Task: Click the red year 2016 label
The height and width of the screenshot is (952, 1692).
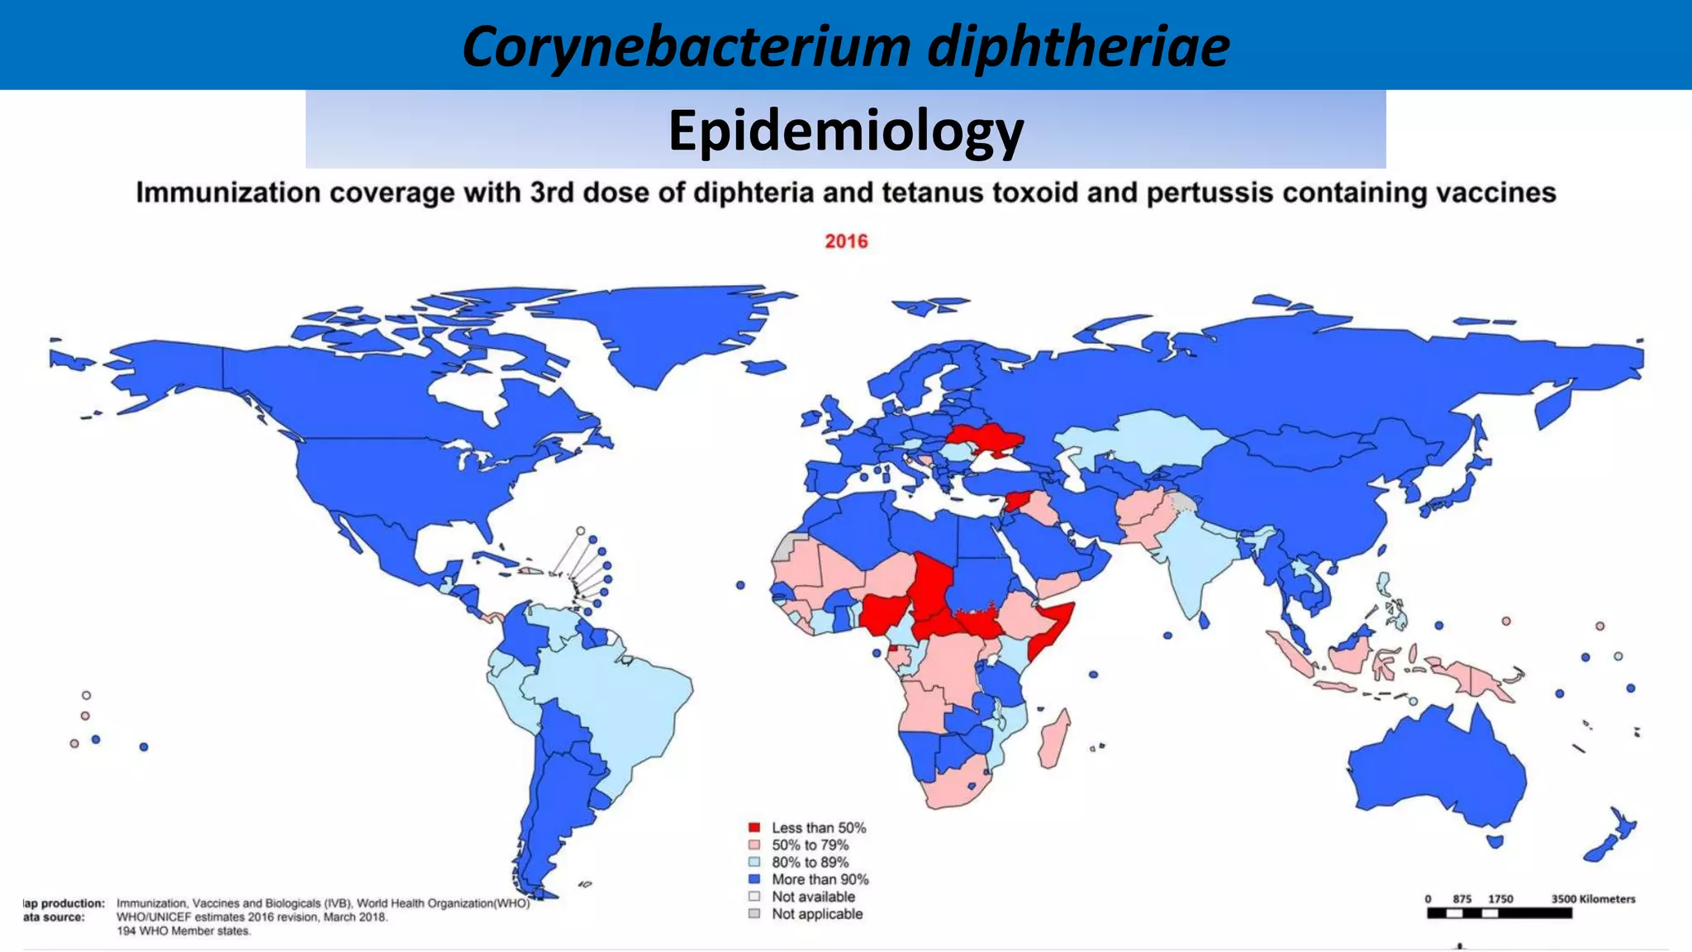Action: point(846,241)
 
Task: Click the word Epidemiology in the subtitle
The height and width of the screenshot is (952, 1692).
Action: point(845,131)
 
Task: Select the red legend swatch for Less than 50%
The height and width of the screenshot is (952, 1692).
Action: point(753,827)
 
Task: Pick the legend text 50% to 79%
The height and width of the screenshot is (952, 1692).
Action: point(810,845)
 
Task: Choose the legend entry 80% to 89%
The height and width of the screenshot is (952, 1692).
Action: point(810,862)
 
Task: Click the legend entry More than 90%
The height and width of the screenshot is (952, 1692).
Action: point(820,879)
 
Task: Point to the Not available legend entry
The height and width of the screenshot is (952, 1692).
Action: point(813,897)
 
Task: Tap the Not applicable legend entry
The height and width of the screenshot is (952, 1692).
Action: point(816,914)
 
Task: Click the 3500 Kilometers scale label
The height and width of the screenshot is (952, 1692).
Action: point(1593,899)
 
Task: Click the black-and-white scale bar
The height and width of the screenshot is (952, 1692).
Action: point(1499,913)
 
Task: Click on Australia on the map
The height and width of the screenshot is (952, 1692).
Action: point(1438,769)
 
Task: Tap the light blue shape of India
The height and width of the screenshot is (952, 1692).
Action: point(1190,562)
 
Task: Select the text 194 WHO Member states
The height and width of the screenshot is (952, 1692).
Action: point(183,931)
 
